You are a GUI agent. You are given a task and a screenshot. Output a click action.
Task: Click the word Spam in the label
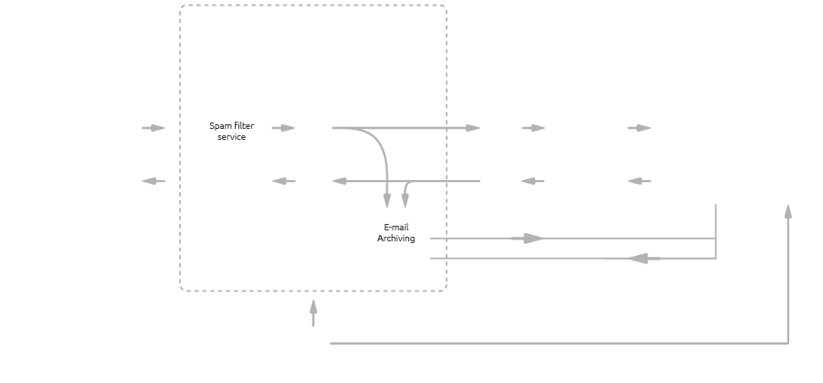[x=219, y=126]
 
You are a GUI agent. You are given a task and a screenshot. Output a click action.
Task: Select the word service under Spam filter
[x=231, y=137]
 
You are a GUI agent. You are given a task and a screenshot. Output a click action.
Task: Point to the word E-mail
[x=396, y=227]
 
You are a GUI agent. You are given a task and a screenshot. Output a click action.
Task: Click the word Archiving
[x=396, y=239]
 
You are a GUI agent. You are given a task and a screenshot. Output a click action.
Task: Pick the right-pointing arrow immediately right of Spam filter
[x=284, y=128]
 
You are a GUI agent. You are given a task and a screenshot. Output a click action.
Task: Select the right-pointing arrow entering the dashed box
[x=153, y=128]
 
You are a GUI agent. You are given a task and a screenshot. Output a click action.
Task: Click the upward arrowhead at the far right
[x=787, y=211]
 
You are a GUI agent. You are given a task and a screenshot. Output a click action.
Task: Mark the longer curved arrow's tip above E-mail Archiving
[x=387, y=200]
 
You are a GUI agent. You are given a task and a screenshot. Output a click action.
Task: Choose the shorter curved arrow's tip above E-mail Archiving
[x=406, y=200]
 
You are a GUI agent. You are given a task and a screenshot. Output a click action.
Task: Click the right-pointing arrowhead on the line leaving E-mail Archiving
[x=533, y=239]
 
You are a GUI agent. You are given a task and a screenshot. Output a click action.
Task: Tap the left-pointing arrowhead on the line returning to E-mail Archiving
[x=639, y=259]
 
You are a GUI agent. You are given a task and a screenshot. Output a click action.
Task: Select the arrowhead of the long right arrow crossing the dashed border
[x=473, y=128]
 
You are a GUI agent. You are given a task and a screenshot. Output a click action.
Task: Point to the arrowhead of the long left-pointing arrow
[x=340, y=181]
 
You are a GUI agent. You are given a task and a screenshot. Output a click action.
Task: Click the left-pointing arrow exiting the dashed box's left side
[x=153, y=181]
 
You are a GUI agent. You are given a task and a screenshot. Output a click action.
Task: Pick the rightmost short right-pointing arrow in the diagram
[x=639, y=128]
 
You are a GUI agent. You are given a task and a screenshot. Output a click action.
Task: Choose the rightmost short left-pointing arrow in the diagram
[x=639, y=181]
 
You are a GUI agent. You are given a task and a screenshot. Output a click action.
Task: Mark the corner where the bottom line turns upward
[x=787, y=343]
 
